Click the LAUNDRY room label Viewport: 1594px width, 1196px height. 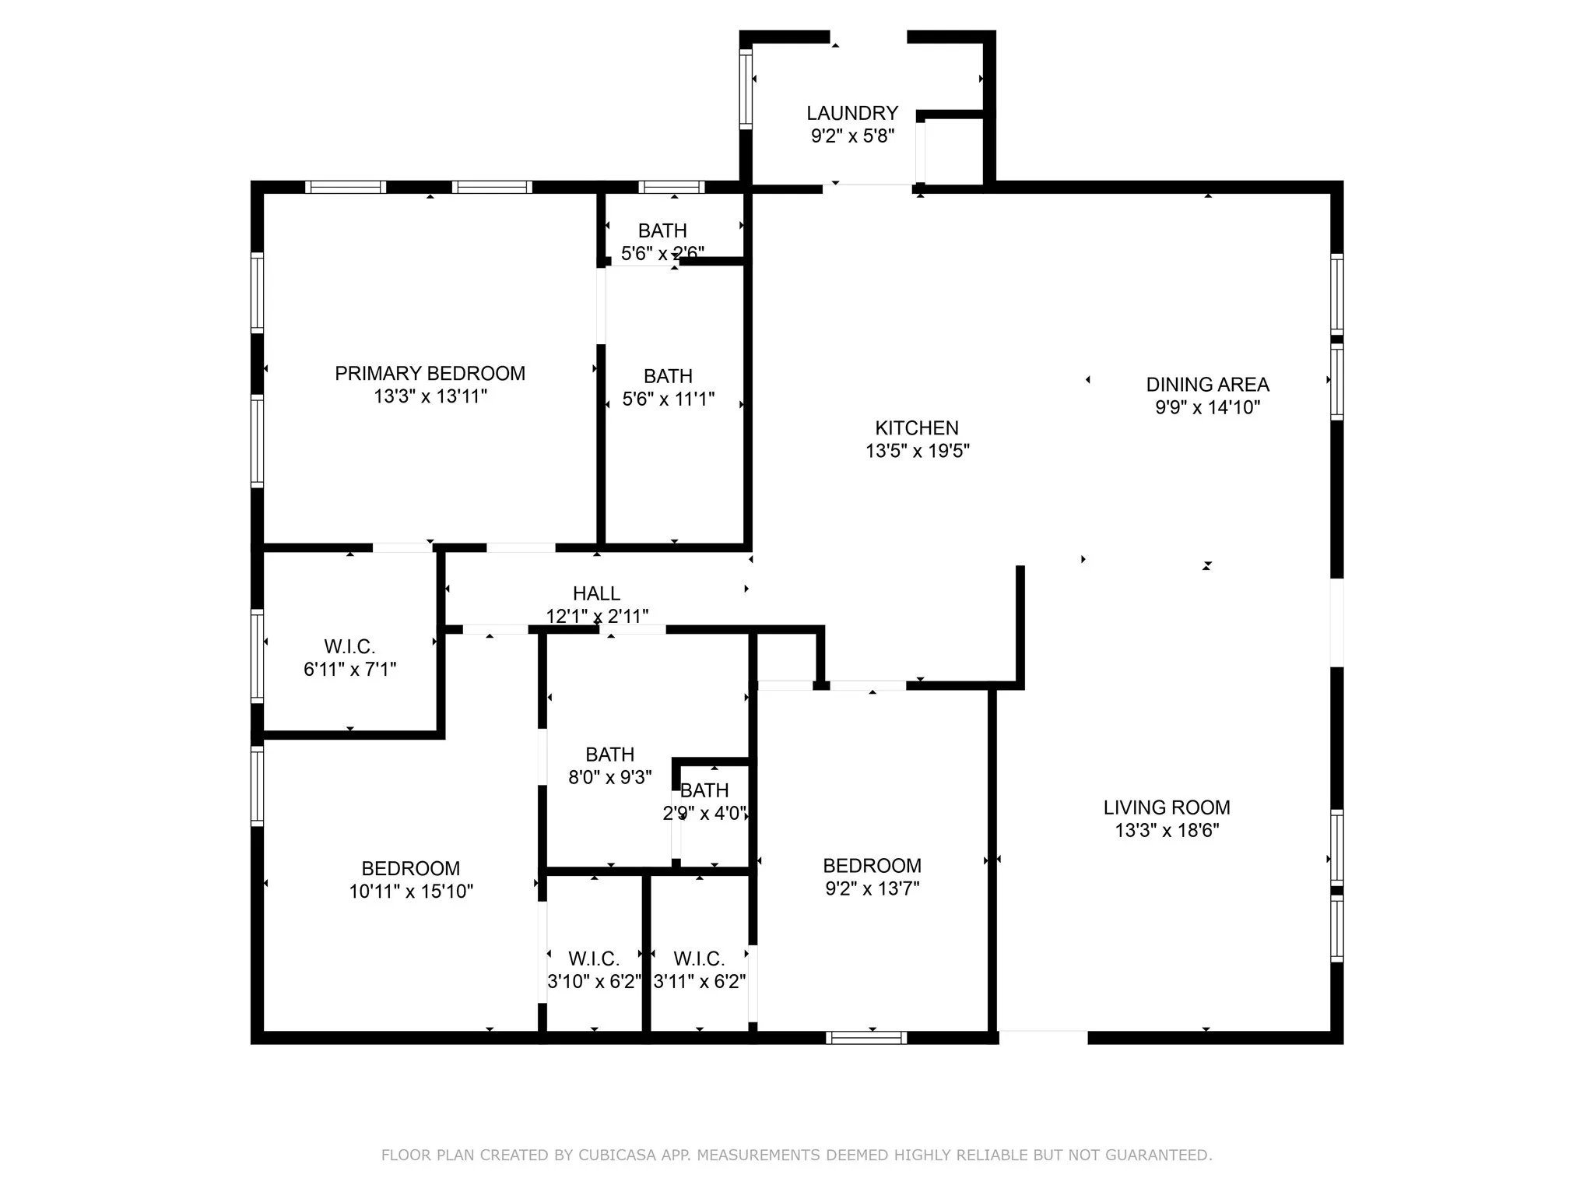pos(852,114)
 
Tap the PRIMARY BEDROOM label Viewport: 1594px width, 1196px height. pos(430,374)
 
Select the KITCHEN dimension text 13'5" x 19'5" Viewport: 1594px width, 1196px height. pos(917,451)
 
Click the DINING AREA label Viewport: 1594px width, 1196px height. pos(1207,385)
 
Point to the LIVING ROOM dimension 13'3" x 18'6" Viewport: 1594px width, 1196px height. pos(1167,831)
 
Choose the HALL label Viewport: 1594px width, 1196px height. pos(596,594)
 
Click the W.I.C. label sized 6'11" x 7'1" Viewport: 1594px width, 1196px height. pos(349,647)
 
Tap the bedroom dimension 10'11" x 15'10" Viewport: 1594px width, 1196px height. pos(411,892)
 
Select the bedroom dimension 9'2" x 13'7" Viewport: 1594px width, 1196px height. pos(872,888)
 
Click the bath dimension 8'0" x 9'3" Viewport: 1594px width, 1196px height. pos(609,777)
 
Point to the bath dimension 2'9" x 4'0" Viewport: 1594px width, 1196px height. pos(704,814)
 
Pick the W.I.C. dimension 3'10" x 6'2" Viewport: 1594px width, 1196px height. pos(594,982)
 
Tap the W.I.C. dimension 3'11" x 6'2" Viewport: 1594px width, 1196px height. pos(699,982)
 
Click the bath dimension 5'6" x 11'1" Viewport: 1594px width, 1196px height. pos(668,399)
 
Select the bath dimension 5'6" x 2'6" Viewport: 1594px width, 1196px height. pos(662,253)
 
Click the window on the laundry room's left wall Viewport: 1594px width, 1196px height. pos(746,88)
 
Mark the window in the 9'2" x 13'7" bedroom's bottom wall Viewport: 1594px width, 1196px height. pos(866,1037)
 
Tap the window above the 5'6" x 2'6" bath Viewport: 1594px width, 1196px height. pos(671,187)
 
